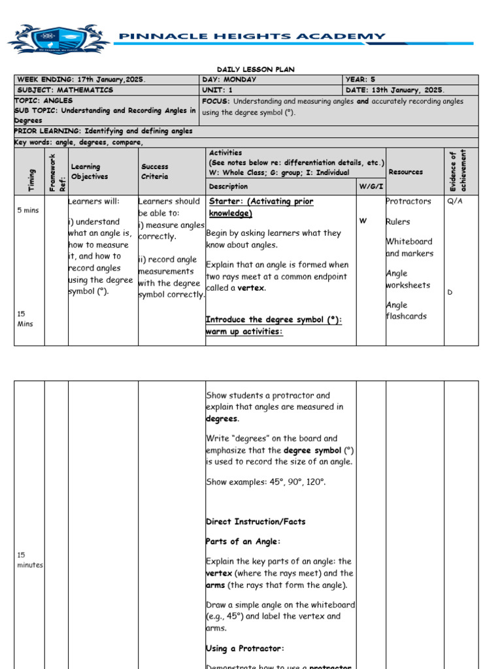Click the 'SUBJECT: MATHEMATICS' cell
[x=65, y=90]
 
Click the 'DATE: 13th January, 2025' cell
[x=395, y=90]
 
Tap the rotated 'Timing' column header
[x=30, y=179]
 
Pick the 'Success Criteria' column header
[x=155, y=172]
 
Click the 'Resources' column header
[x=405, y=172]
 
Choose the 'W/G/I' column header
[x=369, y=186]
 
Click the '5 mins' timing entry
[x=27, y=210]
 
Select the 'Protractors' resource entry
[x=409, y=201]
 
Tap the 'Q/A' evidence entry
[x=454, y=201]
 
